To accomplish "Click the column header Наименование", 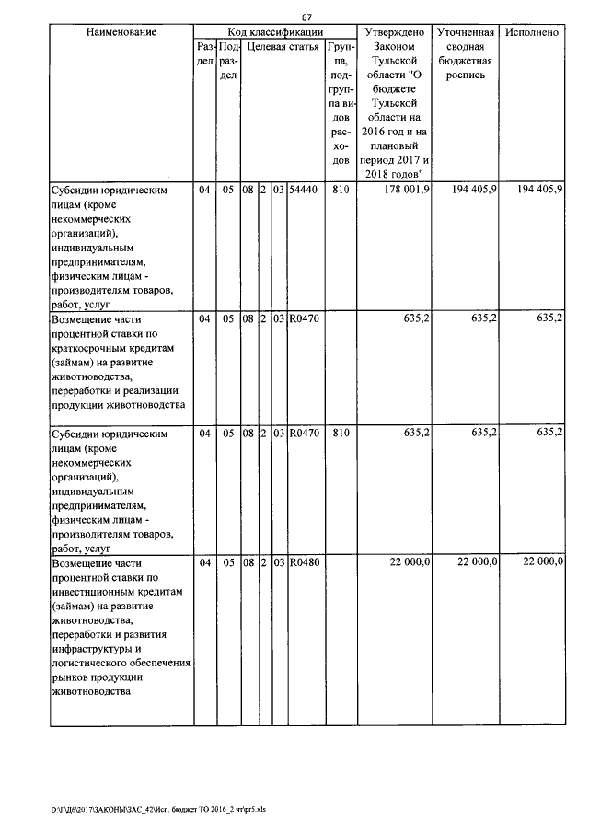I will coord(121,32).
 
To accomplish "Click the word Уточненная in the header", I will coord(465,32).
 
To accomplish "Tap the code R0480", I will coord(304,562).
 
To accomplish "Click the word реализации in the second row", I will coord(153,390).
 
